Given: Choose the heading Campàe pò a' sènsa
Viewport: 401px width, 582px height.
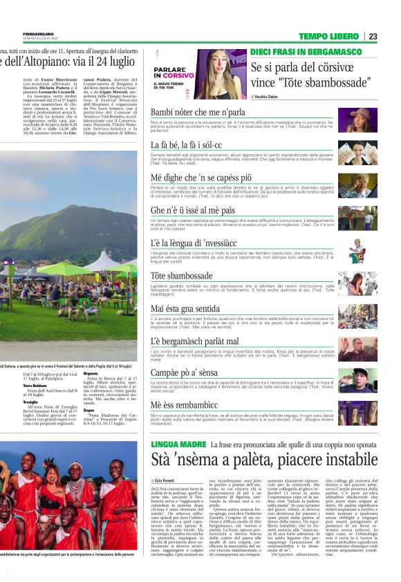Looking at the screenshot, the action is tap(185, 373).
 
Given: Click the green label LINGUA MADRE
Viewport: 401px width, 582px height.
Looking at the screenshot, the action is tap(178, 444).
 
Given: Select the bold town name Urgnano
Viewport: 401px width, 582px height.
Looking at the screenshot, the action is tap(91, 373).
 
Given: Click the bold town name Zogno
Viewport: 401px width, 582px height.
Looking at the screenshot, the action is tap(88, 410).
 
